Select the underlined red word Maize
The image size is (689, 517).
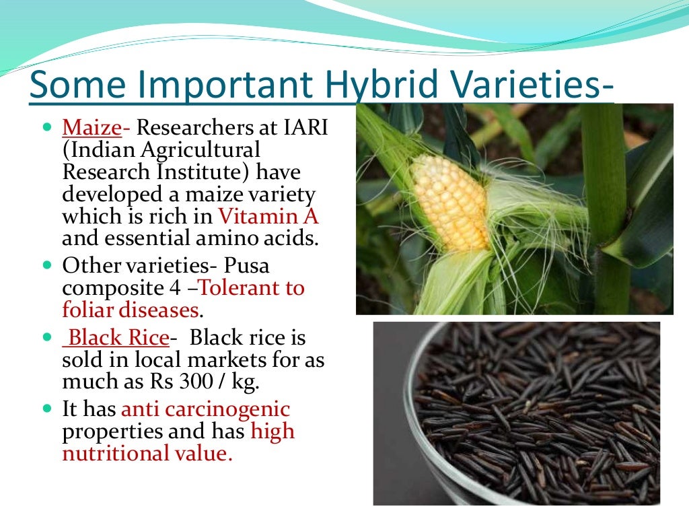click(x=92, y=127)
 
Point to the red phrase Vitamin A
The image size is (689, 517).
click(x=267, y=217)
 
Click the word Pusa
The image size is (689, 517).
click(x=248, y=265)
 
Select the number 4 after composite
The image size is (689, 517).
click(x=174, y=288)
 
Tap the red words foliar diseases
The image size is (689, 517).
click(x=132, y=310)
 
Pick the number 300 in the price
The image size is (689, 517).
click(x=203, y=382)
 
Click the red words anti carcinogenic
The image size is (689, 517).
click(x=205, y=409)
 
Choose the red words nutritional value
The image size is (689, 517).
click(x=147, y=453)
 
